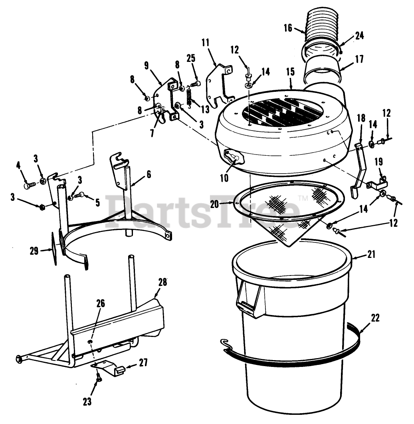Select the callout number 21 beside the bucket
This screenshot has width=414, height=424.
point(371,254)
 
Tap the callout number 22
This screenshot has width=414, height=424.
point(375,318)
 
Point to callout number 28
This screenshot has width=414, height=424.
point(162,282)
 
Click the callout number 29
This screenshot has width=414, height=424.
point(34,251)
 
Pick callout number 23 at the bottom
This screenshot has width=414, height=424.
point(87,401)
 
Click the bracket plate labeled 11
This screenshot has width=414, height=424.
point(219,83)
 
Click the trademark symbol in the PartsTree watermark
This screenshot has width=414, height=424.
point(303,198)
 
